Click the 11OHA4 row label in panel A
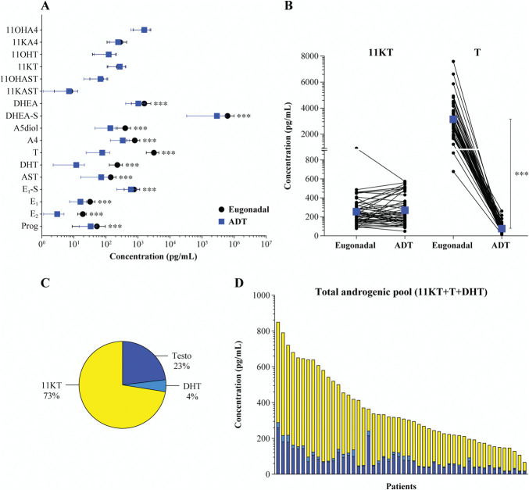[22, 30]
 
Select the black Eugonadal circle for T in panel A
[154, 153]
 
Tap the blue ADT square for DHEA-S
[217, 116]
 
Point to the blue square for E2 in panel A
[57, 214]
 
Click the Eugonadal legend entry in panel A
[244, 209]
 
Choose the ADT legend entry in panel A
[233, 222]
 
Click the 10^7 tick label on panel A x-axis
[266, 243]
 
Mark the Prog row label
[30, 226]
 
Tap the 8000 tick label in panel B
[309, 56]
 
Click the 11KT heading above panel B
[381, 52]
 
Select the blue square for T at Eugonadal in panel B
[453, 119]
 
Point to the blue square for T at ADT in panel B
[502, 229]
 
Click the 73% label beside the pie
[52, 396]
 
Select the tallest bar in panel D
[278, 399]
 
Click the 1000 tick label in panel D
[261, 295]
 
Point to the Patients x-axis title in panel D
[401, 486]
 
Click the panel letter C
[45, 283]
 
